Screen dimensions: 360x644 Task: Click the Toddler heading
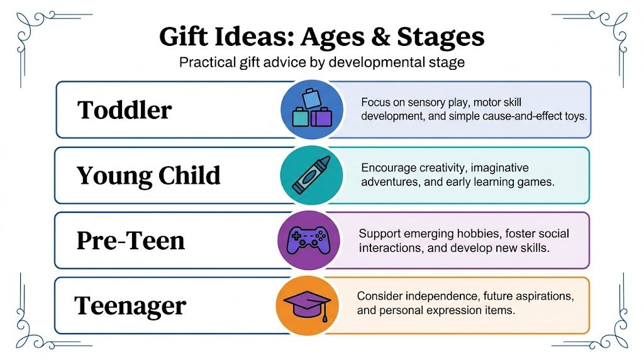[125, 110]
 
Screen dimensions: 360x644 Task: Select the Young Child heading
[148, 176]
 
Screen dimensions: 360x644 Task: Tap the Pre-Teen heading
[131, 240]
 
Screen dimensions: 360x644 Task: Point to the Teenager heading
[130, 306]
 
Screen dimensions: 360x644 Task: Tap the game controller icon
[309, 240]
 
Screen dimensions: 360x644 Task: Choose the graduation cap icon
[307, 305]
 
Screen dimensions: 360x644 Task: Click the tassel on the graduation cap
[325, 315]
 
